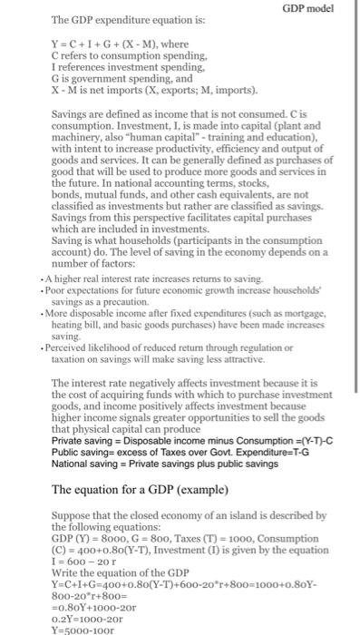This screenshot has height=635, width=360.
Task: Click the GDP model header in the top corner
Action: point(309,8)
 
